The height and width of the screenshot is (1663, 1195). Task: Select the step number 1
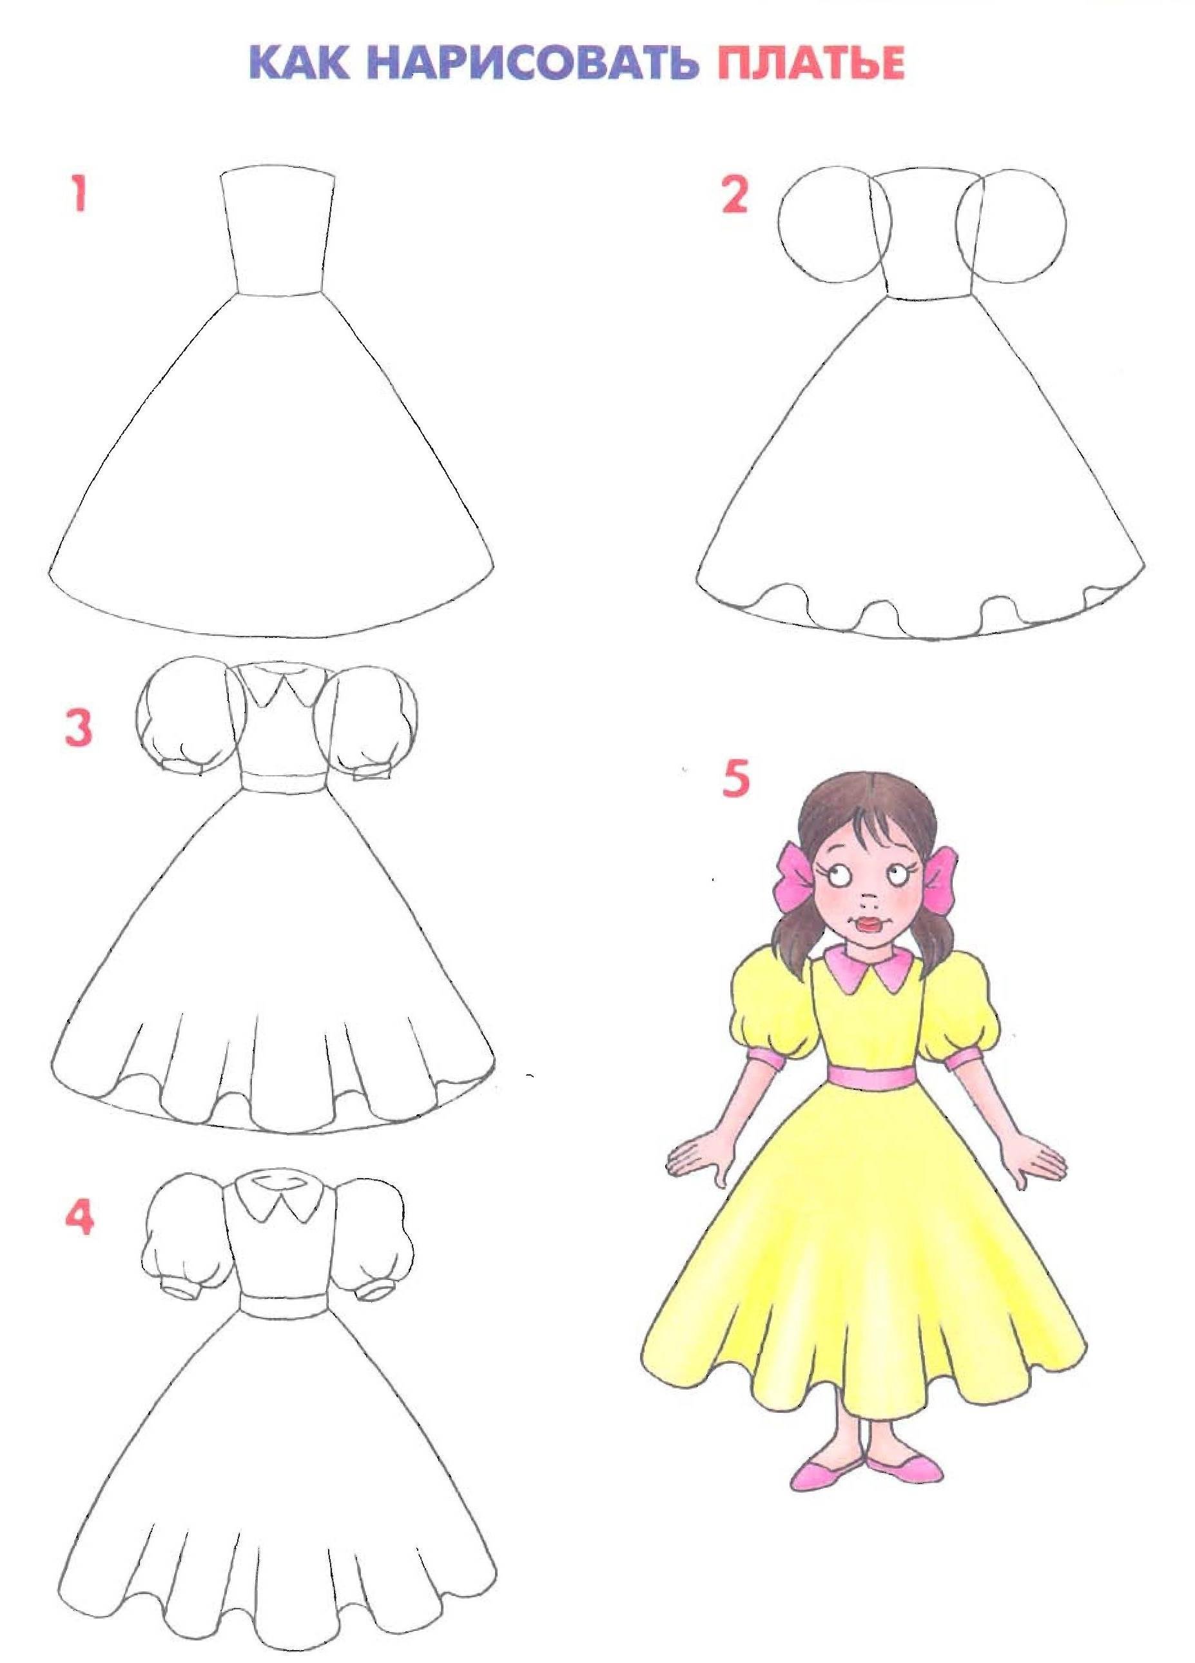(79, 195)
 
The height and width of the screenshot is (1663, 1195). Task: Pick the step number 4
(79, 1219)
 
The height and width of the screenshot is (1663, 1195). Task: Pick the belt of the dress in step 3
(283, 783)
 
